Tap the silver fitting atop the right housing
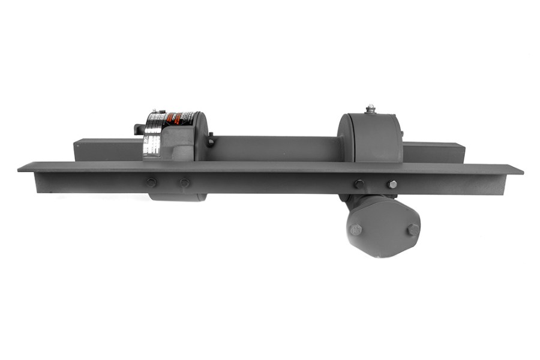370,109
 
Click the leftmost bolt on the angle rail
151,182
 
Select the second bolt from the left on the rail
184,182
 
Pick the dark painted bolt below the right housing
359,184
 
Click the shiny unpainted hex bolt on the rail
392,184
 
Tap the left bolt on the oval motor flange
356,229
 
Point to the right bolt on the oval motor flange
413,229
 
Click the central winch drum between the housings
273,148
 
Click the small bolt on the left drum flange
211,142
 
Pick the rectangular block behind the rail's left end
108,149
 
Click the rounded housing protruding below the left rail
178,197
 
